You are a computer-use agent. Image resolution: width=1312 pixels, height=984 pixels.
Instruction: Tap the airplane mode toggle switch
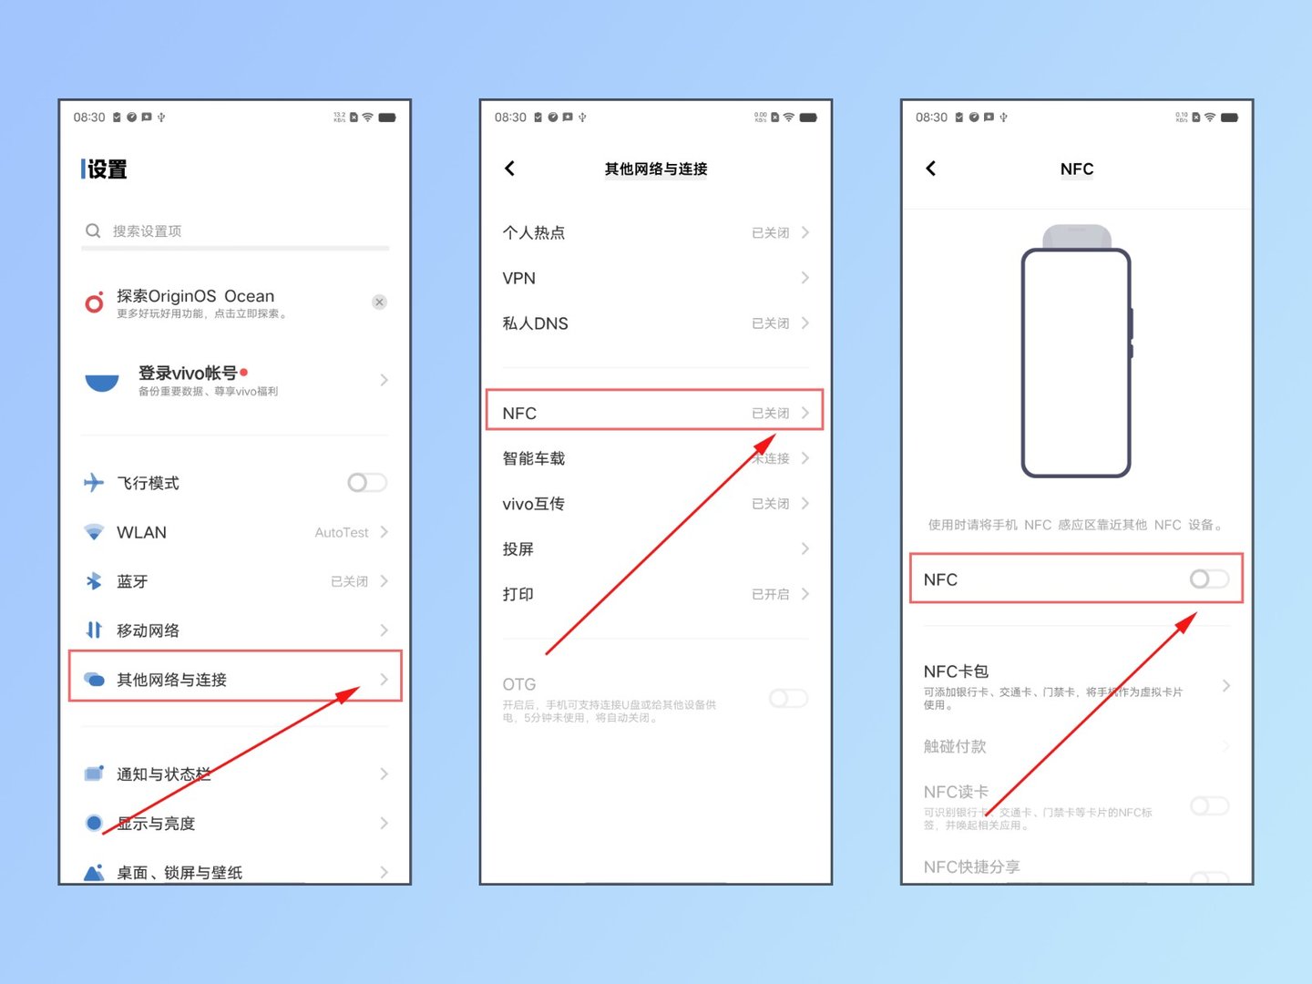(367, 483)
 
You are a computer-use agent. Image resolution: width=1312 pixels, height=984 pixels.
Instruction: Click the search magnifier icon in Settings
(93, 231)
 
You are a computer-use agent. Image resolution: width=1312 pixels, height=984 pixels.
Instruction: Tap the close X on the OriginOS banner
(380, 302)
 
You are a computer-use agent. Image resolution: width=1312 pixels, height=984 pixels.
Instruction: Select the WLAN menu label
(141, 532)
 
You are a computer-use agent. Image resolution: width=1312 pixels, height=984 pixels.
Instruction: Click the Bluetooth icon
(94, 581)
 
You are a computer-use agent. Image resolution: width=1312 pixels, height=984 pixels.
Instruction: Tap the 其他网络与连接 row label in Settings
(171, 680)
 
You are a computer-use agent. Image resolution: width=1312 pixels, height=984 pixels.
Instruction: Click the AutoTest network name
(342, 532)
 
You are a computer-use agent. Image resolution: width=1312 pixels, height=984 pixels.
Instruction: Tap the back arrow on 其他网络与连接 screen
(510, 169)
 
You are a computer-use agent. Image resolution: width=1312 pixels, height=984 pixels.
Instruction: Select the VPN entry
(519, 278)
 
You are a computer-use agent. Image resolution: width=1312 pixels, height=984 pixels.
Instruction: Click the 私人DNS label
(536, 323)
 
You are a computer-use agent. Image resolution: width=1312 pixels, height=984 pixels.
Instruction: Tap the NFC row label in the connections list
(519, 413)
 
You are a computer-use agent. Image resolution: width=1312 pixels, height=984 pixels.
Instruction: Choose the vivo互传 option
(533, 504)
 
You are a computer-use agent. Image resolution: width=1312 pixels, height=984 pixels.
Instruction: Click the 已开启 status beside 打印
(771, 594)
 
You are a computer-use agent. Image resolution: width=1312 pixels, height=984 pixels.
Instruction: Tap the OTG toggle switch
(788, 699)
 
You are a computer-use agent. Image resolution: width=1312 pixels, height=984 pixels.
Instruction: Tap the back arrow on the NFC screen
(931, 169)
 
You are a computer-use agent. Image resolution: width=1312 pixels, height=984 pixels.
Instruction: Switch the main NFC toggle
(1209, 579)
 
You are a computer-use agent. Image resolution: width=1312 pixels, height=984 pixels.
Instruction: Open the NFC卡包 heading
(956, 671)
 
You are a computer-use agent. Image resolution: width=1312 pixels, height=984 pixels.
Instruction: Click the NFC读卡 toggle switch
(1209, 806)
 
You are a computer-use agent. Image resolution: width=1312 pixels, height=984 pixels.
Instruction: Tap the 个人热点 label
(534, 232)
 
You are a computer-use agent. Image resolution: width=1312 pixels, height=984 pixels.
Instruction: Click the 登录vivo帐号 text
(188, 373)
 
